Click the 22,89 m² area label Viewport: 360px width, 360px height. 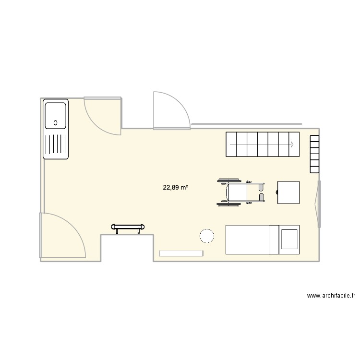point(175,188)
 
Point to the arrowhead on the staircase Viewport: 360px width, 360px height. point(291,144)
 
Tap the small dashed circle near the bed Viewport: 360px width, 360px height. point(206,236)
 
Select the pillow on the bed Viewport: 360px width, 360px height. point(289,239)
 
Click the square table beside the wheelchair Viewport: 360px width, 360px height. point(289,192)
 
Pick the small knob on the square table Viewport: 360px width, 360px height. point(277,192)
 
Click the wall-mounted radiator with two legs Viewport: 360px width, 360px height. point(128,227)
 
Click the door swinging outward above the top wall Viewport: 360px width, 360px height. point(170,111)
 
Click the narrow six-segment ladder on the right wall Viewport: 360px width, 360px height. point(314,154)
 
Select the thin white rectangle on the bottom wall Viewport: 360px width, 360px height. point(180,252)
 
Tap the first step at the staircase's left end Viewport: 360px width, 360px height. point(231,144)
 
